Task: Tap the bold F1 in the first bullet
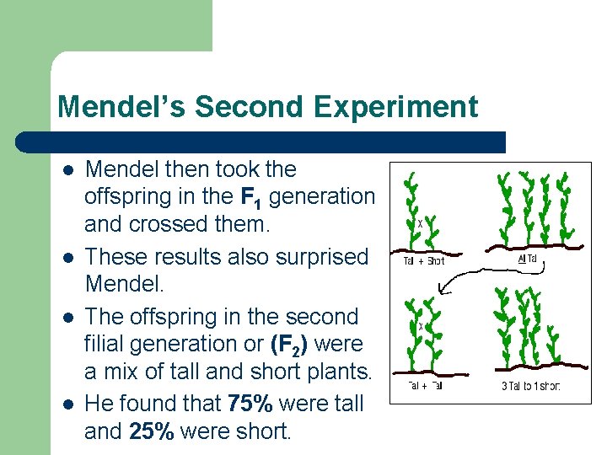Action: [x=250, y=198]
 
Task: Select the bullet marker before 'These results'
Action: [x=67, y=257]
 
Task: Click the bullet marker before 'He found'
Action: [x=67, y=404]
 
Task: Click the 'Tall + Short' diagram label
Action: [x=422, y=260]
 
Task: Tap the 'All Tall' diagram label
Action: [x=527, y=259]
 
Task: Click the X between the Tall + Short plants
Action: [x=421, y=223]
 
